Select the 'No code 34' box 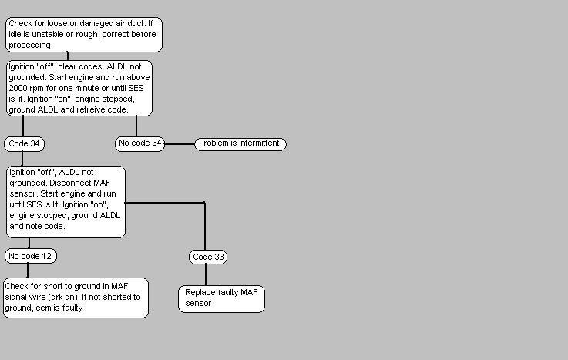pos(140,143)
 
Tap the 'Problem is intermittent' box pos(240,143)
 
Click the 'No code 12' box pos(31,255)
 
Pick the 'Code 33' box pos(209,257)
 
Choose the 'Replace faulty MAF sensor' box pos(222,298)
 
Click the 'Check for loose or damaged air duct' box pos(83,34)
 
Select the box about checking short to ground pos(75,297)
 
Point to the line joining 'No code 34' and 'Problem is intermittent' pos(180,144)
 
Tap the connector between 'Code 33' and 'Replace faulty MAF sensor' pos(206,274)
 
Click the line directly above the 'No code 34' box pos(136,126)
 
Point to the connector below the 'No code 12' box pos(28,270)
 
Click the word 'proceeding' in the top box pos(30,45)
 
